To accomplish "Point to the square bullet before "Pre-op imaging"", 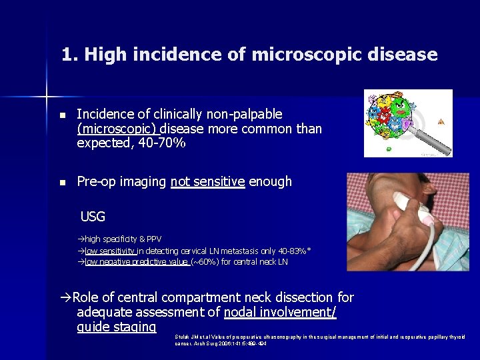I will pos(63,182).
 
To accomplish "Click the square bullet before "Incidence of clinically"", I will pos(63,115).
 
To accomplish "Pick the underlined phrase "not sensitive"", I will pos(207,181).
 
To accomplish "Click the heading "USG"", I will pos(93,216).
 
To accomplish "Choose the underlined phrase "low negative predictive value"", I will pos(136,262).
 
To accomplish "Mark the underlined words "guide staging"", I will pos(117,327).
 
